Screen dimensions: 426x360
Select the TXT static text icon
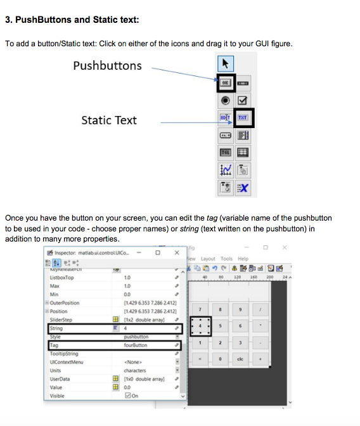(243, 118)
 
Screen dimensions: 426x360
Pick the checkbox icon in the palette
(243, 100)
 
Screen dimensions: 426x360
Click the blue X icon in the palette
(243, 187)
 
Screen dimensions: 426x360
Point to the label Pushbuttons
(107, 66)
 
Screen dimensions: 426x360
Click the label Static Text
(108, 120)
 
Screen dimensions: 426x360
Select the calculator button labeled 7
(200, 309)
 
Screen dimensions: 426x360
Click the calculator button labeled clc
(240, 359)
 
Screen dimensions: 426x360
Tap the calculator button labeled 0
(220, 359)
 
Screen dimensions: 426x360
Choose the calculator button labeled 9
(240, 309)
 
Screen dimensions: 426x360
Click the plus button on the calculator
(260, 359)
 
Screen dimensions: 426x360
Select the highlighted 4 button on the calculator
(200, 326)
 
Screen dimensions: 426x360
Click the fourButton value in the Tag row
(136, 345)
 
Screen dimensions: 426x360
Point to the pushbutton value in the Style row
(136, 337)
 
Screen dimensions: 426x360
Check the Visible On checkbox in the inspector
(129, 396)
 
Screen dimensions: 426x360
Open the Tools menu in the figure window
(226, 259)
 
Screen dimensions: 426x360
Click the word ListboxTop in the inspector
(61, 278)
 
